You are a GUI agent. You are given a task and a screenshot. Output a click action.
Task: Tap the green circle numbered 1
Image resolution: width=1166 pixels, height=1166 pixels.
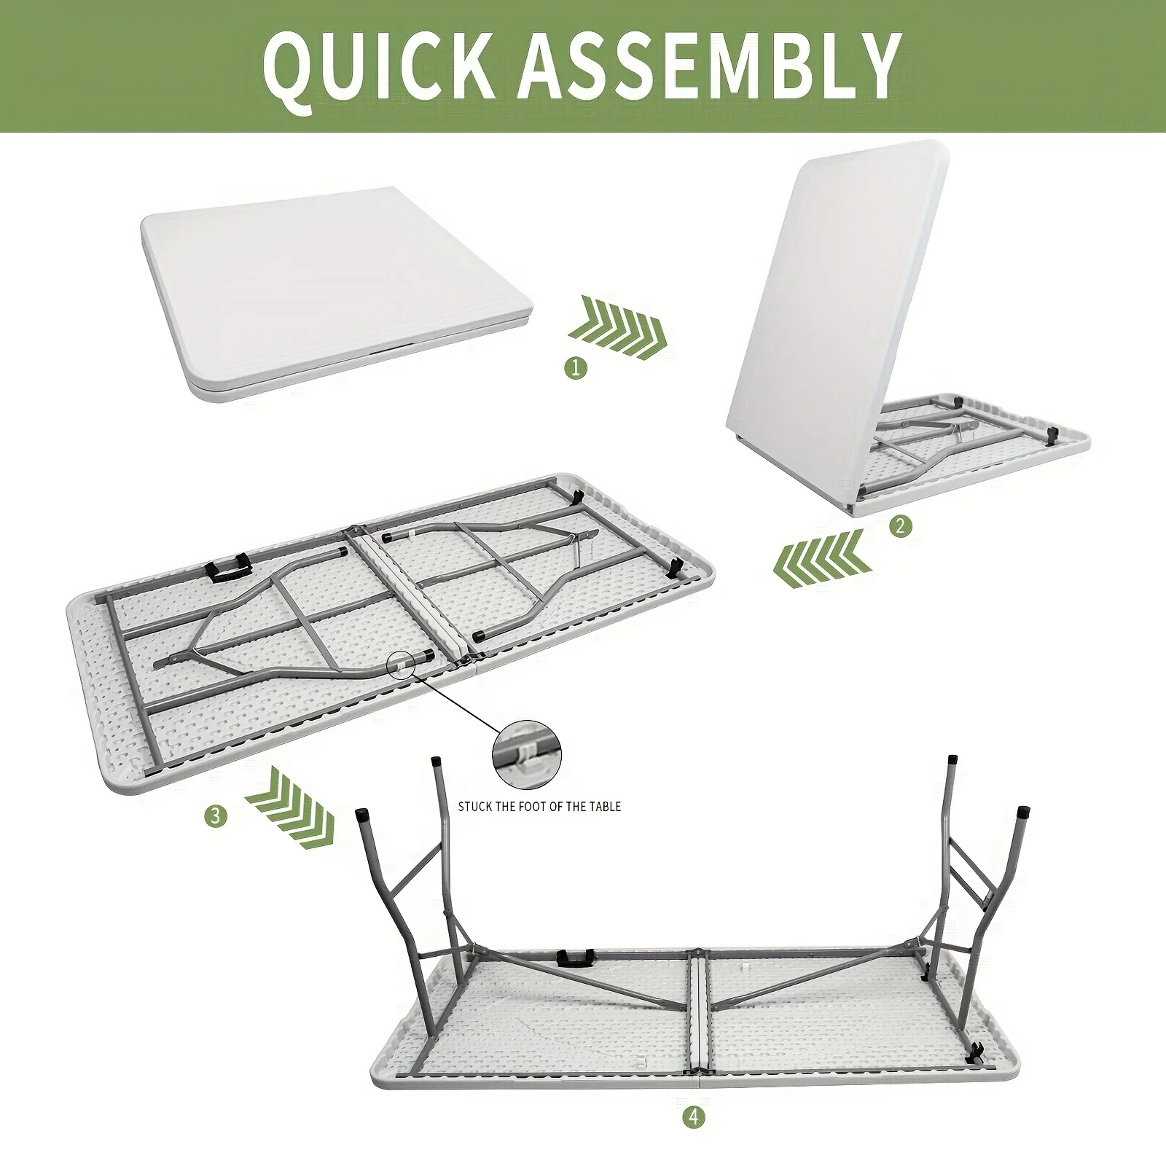click(576, 368)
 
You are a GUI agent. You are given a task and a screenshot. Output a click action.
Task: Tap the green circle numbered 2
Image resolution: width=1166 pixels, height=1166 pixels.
click(901, 525)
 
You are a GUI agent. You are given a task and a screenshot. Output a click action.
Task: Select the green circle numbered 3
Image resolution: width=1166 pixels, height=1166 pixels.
click(215, 816)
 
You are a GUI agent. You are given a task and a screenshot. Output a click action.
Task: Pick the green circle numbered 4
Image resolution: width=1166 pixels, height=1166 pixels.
click(695, 1117)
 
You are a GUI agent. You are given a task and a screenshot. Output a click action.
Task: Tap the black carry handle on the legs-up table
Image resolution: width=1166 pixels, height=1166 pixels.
click(573, 958)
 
